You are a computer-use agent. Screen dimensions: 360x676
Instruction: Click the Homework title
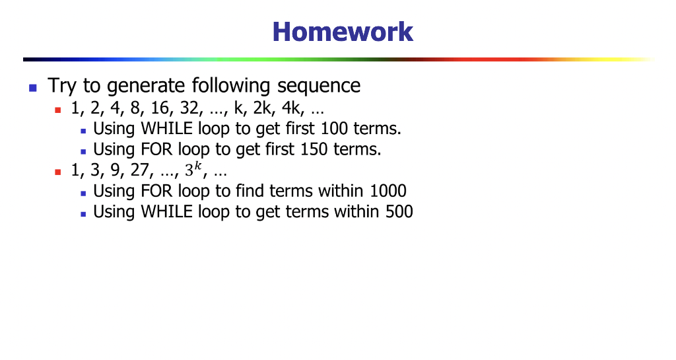[x=343, y=32]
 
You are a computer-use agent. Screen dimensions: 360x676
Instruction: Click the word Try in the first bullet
[x=63, y=86]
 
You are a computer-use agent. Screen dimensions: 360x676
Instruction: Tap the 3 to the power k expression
[x=191, y=170]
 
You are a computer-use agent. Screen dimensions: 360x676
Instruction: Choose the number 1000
[x=388, y=192]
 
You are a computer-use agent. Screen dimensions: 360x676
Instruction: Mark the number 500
[x=398, y=212]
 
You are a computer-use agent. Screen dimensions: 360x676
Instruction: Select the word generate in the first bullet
[x=147, y=86]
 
